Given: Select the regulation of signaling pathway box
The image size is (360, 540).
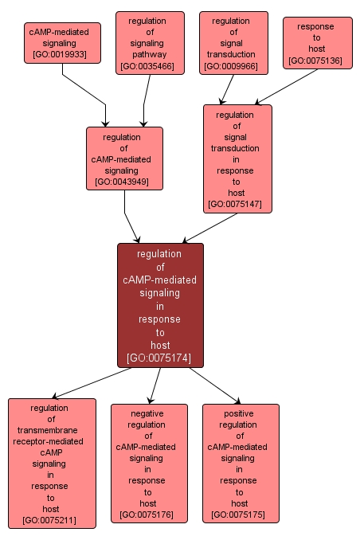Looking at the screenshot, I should coord(150,43).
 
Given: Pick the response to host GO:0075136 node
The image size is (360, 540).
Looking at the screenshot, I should coord(316,43).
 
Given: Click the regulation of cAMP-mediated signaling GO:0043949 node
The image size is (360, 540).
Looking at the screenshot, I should coord(124,158).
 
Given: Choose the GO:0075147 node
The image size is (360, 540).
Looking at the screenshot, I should coord(237,158).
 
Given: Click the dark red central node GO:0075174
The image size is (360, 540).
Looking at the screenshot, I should coord(160,305).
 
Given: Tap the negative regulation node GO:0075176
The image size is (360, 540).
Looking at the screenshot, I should coord(148,463).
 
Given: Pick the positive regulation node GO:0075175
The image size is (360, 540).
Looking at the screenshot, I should coord(240,463).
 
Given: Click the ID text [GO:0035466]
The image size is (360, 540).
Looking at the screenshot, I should coord(150,66).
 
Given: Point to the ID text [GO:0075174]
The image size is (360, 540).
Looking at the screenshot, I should coord(160,358).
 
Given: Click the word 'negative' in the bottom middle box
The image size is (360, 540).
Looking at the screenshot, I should coord(148,413).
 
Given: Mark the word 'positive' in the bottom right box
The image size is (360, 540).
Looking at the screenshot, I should coord(240,413).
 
